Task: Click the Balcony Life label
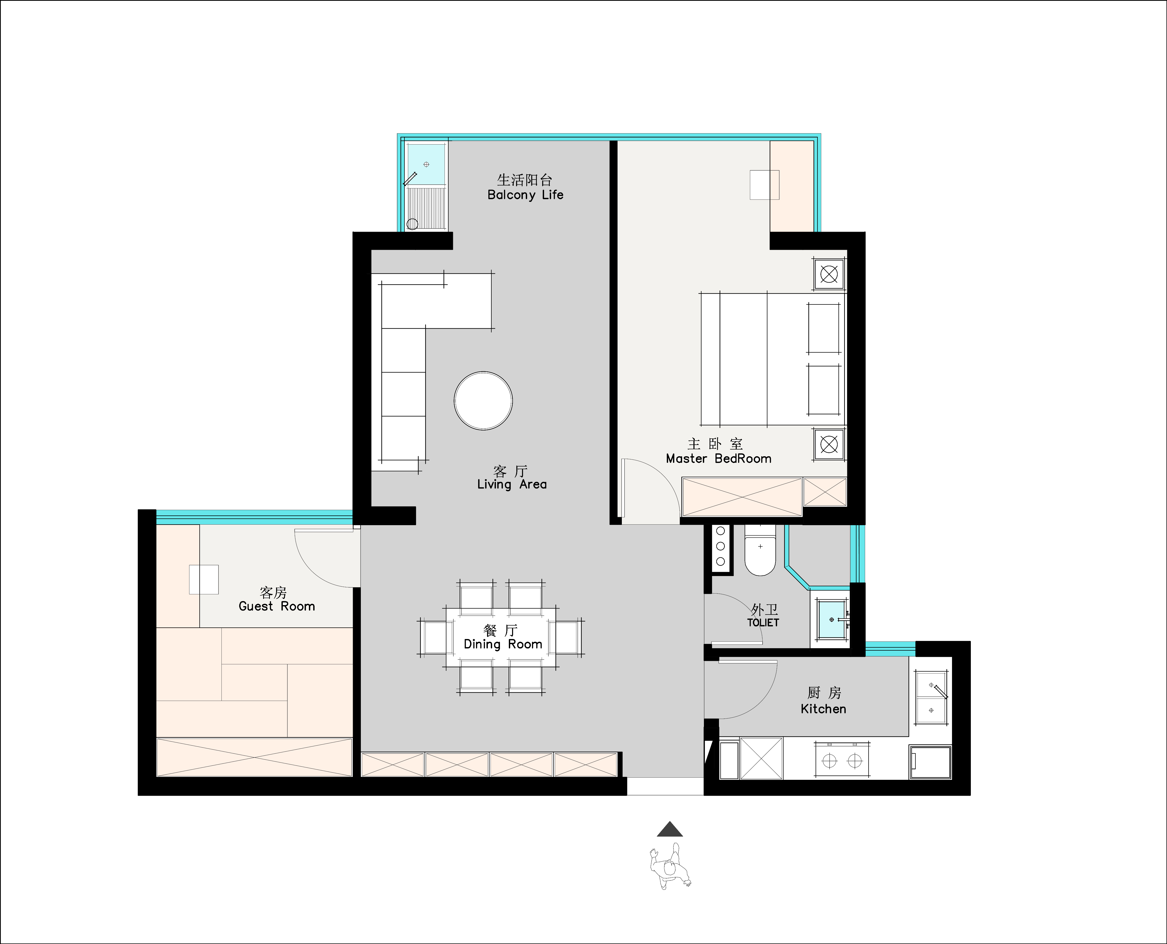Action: click(525, 195)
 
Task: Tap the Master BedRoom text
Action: click(718, 458)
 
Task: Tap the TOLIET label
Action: click(763, 623)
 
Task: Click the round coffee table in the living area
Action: click(483, 401)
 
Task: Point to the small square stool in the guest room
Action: click(204, 579)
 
